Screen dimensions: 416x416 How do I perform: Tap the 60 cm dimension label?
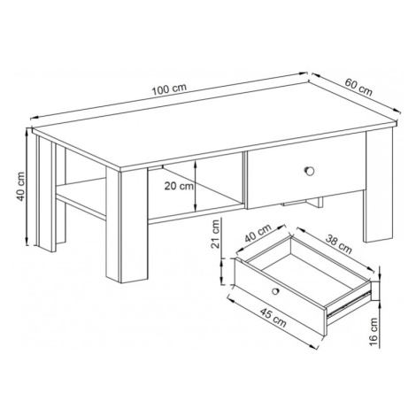[x=358, y=88]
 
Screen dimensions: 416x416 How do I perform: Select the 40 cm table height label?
[x=20, y=187]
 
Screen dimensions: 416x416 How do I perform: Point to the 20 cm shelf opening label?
[x=179, y=186]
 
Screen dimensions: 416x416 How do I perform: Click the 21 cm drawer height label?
[x=216, y=234]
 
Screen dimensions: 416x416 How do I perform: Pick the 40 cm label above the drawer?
[x=258, y=233]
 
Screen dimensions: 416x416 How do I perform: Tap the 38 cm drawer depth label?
[x=339, y=244]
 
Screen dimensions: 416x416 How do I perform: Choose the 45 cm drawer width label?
[x=273, y=318]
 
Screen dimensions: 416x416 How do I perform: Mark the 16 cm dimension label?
[x=373, y=331]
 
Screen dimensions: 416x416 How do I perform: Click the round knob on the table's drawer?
[x=309, y=171]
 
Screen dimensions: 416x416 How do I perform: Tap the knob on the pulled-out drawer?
[x=275, y=291]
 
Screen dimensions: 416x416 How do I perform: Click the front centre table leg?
[x=127, y=225]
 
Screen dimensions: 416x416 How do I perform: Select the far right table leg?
[x=379, y=186]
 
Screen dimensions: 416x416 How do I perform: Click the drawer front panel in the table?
[x=305, y=173]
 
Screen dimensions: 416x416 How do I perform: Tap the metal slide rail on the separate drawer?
[x=349, y=304]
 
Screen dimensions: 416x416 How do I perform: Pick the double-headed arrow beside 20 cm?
[x=195, y=186]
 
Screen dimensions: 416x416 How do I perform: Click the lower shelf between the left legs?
[x=81, y=198]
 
